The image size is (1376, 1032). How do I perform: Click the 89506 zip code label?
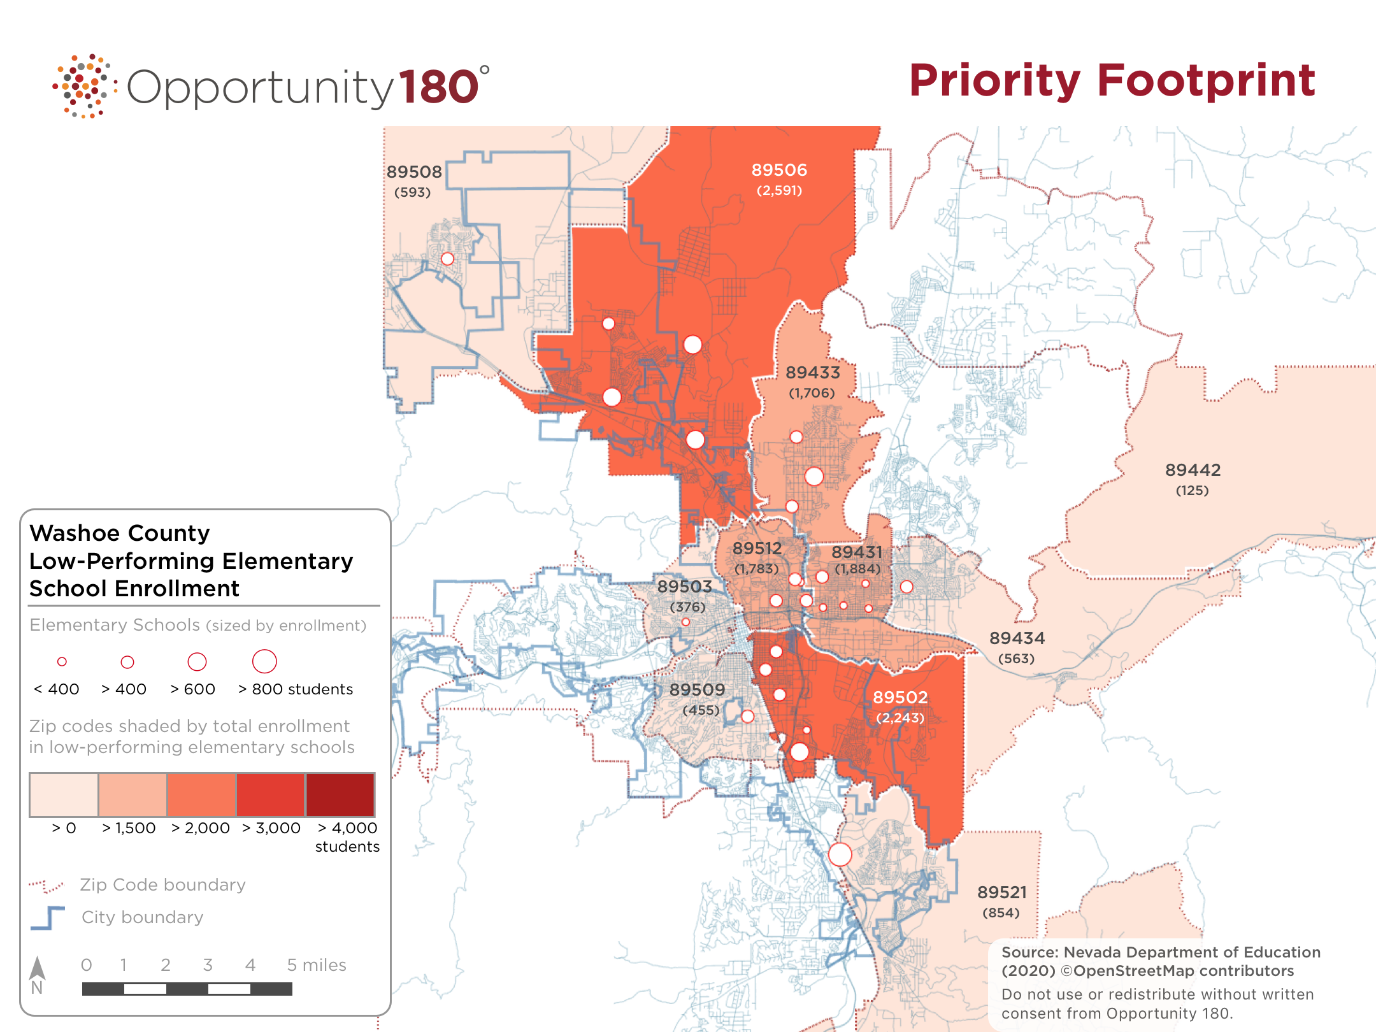point(779,170)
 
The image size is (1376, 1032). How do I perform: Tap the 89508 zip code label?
point(414,172)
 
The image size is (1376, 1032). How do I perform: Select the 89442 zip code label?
point(1193,470)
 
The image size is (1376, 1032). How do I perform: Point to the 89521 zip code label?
point(1002,892)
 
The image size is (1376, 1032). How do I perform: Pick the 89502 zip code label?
point(900,698)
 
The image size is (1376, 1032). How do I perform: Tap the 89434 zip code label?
point(1017,638)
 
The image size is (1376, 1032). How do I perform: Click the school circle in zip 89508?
point(448,259)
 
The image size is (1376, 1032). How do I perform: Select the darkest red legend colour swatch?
point(340,794)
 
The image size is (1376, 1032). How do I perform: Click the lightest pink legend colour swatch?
point(64,794)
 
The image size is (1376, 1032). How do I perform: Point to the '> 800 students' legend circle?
point(264,661)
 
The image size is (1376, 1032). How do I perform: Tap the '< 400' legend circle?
point(62,662)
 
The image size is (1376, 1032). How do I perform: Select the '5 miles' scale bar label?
point(317,965)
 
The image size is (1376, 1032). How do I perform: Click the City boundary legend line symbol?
point(48,917)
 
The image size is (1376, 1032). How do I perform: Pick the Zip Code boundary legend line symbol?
point(47,885)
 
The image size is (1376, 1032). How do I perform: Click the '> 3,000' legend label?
point(271,828)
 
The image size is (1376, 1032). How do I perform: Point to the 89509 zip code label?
point(697,690)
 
